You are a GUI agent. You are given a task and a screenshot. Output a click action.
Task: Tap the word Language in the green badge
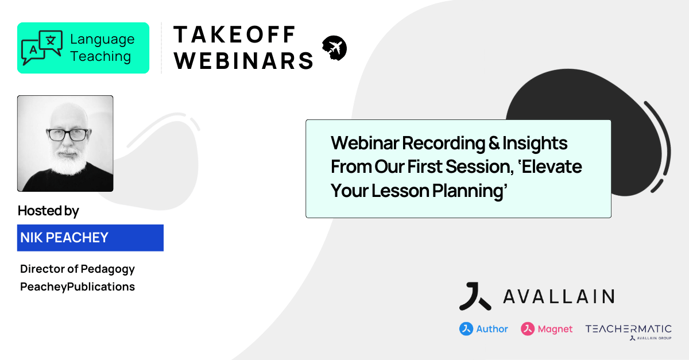tap(102, 40)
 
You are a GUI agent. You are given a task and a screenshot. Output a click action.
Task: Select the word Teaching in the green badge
tap(100, 56)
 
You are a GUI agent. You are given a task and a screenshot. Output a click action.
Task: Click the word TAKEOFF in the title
tap(235, 34)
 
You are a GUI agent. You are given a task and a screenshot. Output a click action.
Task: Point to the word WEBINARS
tap(244, 60)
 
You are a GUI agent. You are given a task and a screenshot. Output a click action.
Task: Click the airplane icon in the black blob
tap(335, 48)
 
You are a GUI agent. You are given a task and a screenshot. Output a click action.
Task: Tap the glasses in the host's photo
tap(67, 135)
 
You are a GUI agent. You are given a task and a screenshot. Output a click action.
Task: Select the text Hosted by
tap(48, 211)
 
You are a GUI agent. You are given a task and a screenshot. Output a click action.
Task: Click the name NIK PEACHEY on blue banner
tap(64, 238)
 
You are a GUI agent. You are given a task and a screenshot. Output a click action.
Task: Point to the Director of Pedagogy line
tap(78, 269)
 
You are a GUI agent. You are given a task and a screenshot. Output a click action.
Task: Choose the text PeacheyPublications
tap(78, 287)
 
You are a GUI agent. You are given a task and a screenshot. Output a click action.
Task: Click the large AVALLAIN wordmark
tap(558, 296)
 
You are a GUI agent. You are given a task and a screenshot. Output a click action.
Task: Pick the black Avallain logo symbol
tap(474, 296)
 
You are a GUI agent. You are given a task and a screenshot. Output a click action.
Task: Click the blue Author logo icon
tap(466, 329)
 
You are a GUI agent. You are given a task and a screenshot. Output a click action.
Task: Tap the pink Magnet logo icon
tap(528, 329)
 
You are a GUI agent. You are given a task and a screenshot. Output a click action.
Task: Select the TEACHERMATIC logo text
tap(628, 329)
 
